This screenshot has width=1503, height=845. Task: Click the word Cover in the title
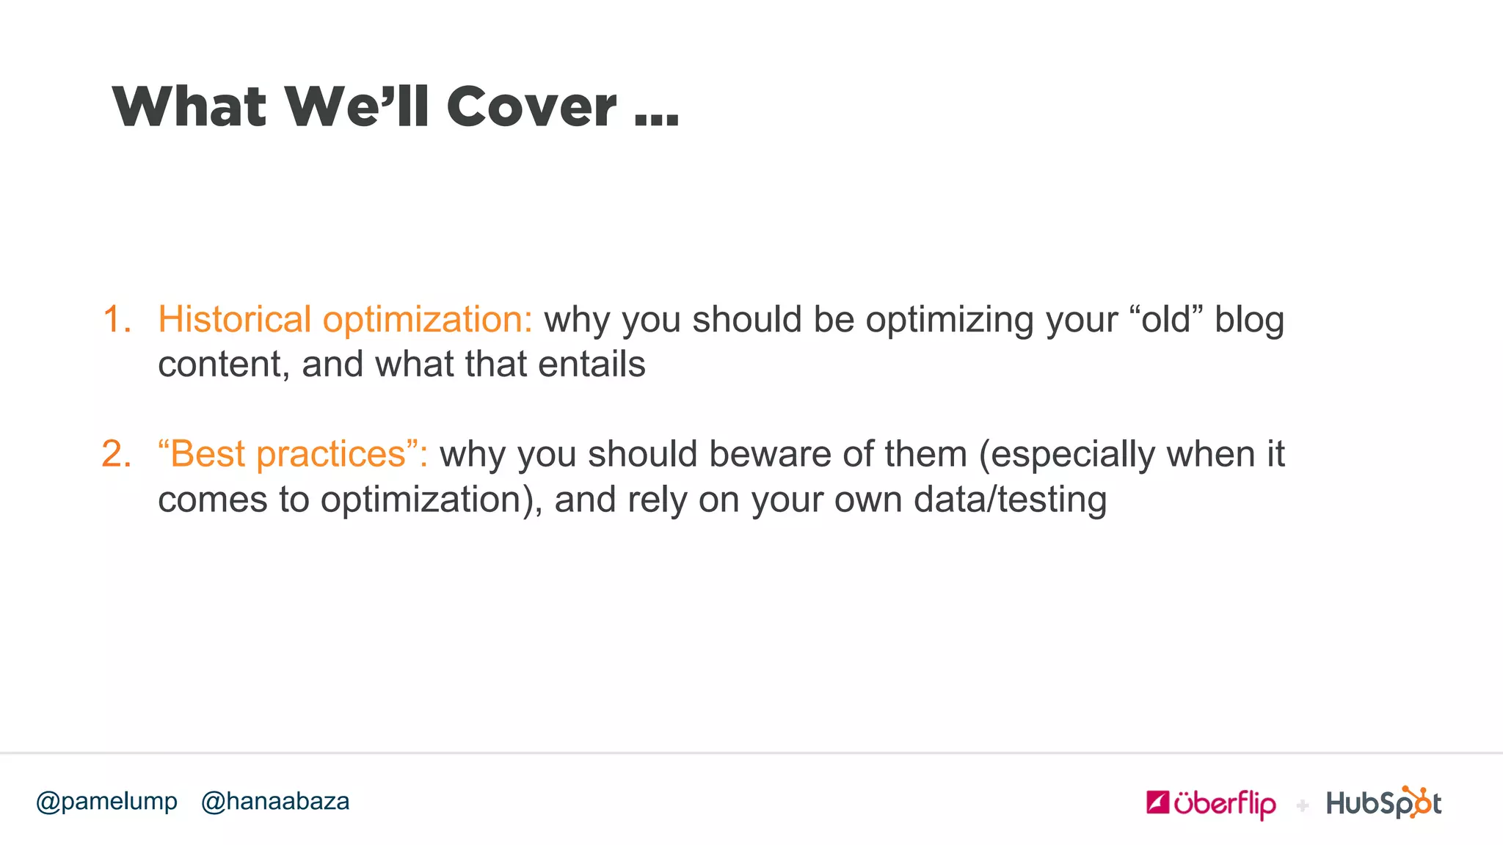[x=531, y=107]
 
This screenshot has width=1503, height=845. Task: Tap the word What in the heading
[x=189, y=107]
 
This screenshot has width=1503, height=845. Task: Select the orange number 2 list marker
[x=117, y=454]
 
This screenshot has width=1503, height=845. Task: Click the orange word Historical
[x=235, y=320]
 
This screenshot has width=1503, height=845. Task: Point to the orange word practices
[x=330, y=455]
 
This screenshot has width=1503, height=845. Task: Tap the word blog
[x=1249, y=320]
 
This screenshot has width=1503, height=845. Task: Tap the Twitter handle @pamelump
[x=107, y=801]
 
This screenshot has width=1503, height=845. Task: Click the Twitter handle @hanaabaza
[x=275, y=801]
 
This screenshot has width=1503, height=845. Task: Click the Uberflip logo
[x=1211, y=804]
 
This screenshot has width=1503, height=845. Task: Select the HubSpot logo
[x=1383, y=803]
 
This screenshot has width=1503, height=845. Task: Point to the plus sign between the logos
[x=1303, y=806]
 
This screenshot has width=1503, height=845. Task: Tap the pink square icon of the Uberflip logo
[x=1157, y=802]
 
